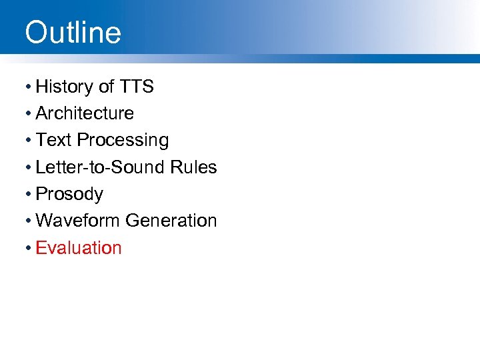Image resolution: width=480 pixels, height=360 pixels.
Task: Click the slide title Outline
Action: [73, 33]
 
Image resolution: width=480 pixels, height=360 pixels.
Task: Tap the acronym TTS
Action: [137, 87]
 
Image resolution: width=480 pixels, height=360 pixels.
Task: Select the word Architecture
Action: [85, 113]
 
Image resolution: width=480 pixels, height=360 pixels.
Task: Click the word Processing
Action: [123, 141]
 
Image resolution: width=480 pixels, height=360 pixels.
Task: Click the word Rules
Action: [195, 167]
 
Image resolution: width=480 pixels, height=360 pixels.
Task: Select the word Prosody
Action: [69, 195]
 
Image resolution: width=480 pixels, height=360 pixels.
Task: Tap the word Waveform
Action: [78, 221]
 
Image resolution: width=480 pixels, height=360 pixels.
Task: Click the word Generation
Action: [171, 221]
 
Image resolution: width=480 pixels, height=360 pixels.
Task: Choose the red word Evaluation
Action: [79, 248]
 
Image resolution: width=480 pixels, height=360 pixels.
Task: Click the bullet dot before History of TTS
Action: [28, 87]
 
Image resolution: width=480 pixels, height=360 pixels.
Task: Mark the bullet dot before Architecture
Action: [28, 114]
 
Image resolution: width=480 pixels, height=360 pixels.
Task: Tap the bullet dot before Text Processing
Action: [28, 141]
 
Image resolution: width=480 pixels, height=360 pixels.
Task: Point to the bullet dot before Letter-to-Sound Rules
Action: [28, 168]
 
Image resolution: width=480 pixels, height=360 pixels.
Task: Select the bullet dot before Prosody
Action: [28, 195]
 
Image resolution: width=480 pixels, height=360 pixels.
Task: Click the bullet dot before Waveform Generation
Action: [28, 221]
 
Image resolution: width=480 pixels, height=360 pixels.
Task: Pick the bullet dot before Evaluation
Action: [28, 249]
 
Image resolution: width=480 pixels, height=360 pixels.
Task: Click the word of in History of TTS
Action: [107, 87]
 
